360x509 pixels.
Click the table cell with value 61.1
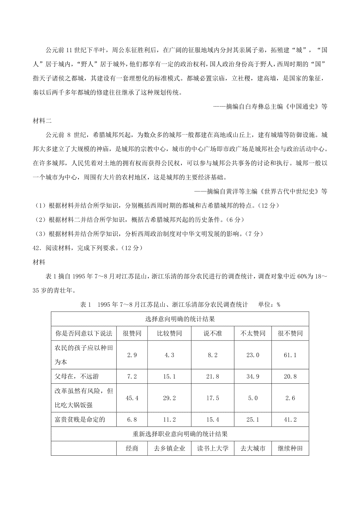(x=290, y=355)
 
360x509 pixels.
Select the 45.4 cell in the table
(x=132, y=398)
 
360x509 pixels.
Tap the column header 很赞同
(x=132, y=333)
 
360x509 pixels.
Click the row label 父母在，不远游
(x=76, y=377)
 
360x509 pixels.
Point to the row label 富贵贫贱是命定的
(x=80, y=420)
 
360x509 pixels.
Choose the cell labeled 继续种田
(x=290, y=448)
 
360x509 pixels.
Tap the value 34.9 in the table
(x=253, y=377)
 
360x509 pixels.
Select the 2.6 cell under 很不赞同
(x=290, y=398)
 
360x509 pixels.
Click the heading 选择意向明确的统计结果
(x=180, y=319)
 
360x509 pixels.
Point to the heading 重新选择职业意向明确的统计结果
(x=180, y=434)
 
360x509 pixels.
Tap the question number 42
(x=36, y=248)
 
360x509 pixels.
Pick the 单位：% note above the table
(x=269, y=305)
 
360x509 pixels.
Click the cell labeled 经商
(x=132, y=448)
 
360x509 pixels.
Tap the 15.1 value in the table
(x=169, y=377)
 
